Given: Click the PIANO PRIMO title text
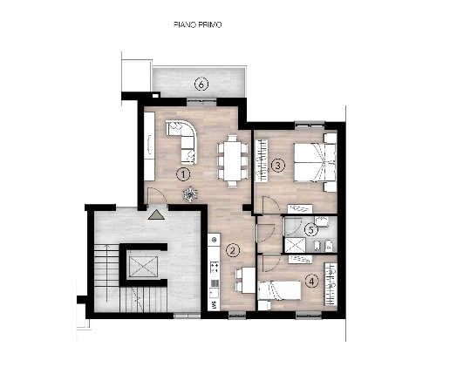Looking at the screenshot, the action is pyautogui.click(x=198, y=24).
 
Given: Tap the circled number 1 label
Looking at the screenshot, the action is pyautogui.click(x=183, y=174).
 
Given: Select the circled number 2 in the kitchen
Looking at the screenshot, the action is pyautogui.click(x=233, y=250).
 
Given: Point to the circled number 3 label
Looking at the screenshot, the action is pyautogui.click(x=278, y=166).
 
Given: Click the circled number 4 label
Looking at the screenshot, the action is pyautogui.click(x=312, y=282).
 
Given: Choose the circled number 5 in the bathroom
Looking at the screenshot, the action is pyautogui.click(x=311, y=230).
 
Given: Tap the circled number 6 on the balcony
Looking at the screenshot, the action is pyautogui.click(x=201, y=85).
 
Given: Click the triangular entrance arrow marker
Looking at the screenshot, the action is pyautogui.click(x=156, y=214).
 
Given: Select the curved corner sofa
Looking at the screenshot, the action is pyautogui.click(x=181, y=142).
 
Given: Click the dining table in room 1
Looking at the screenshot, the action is pyautogui.click(x=232, y=160).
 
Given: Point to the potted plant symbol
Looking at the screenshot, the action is pyautogui.click(x=190, y=194).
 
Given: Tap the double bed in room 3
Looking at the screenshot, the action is pyautogui.click(x=315, y=162).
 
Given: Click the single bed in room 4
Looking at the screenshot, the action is pyautogui.click(x=279, y=290).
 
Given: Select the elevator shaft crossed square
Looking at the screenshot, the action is pyautogui.click(x=143, y=267).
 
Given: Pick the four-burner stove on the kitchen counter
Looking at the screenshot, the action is pyautogui.click(x=215, y=267).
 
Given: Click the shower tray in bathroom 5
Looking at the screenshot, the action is pyautogui.click(x=295, y=245).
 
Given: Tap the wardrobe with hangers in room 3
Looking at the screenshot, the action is pyautogui.click(x=261, y=160).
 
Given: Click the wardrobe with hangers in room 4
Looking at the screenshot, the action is pyautogui.click(x=331, y=284).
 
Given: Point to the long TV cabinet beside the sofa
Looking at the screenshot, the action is pyautogui.click(x=149, y=146).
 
